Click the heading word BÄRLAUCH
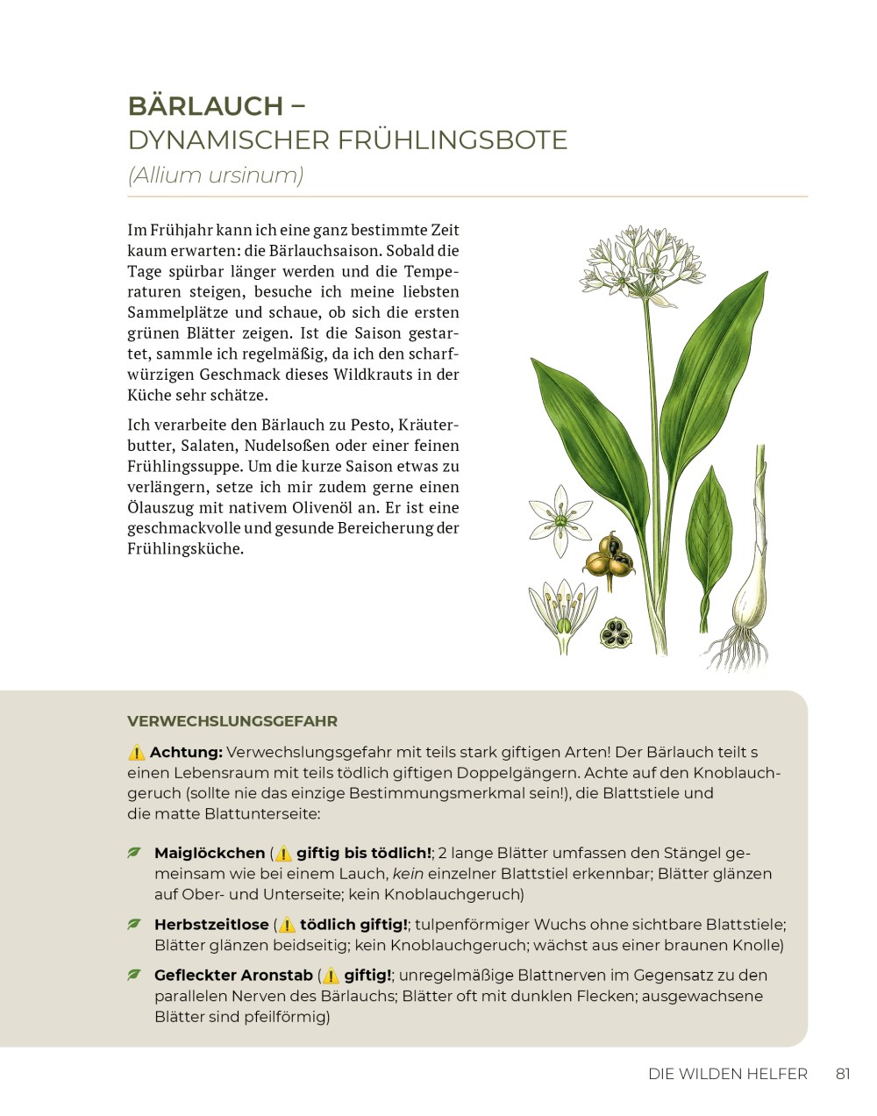coord(205,106)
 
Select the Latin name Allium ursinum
coord(216,175)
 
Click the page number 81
coord(843,1074)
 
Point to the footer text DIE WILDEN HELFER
coord(727,1074)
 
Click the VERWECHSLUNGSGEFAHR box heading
coord(232,722)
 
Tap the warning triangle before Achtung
coord(137,753)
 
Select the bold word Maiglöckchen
coord(210,853)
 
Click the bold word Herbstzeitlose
coord(211,925)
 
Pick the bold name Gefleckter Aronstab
coord(233,976)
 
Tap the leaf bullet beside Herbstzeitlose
coord(134,924)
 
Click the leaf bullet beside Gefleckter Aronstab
coord(134,975)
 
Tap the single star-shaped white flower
coord(559,520)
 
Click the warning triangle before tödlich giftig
coord(287,925)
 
